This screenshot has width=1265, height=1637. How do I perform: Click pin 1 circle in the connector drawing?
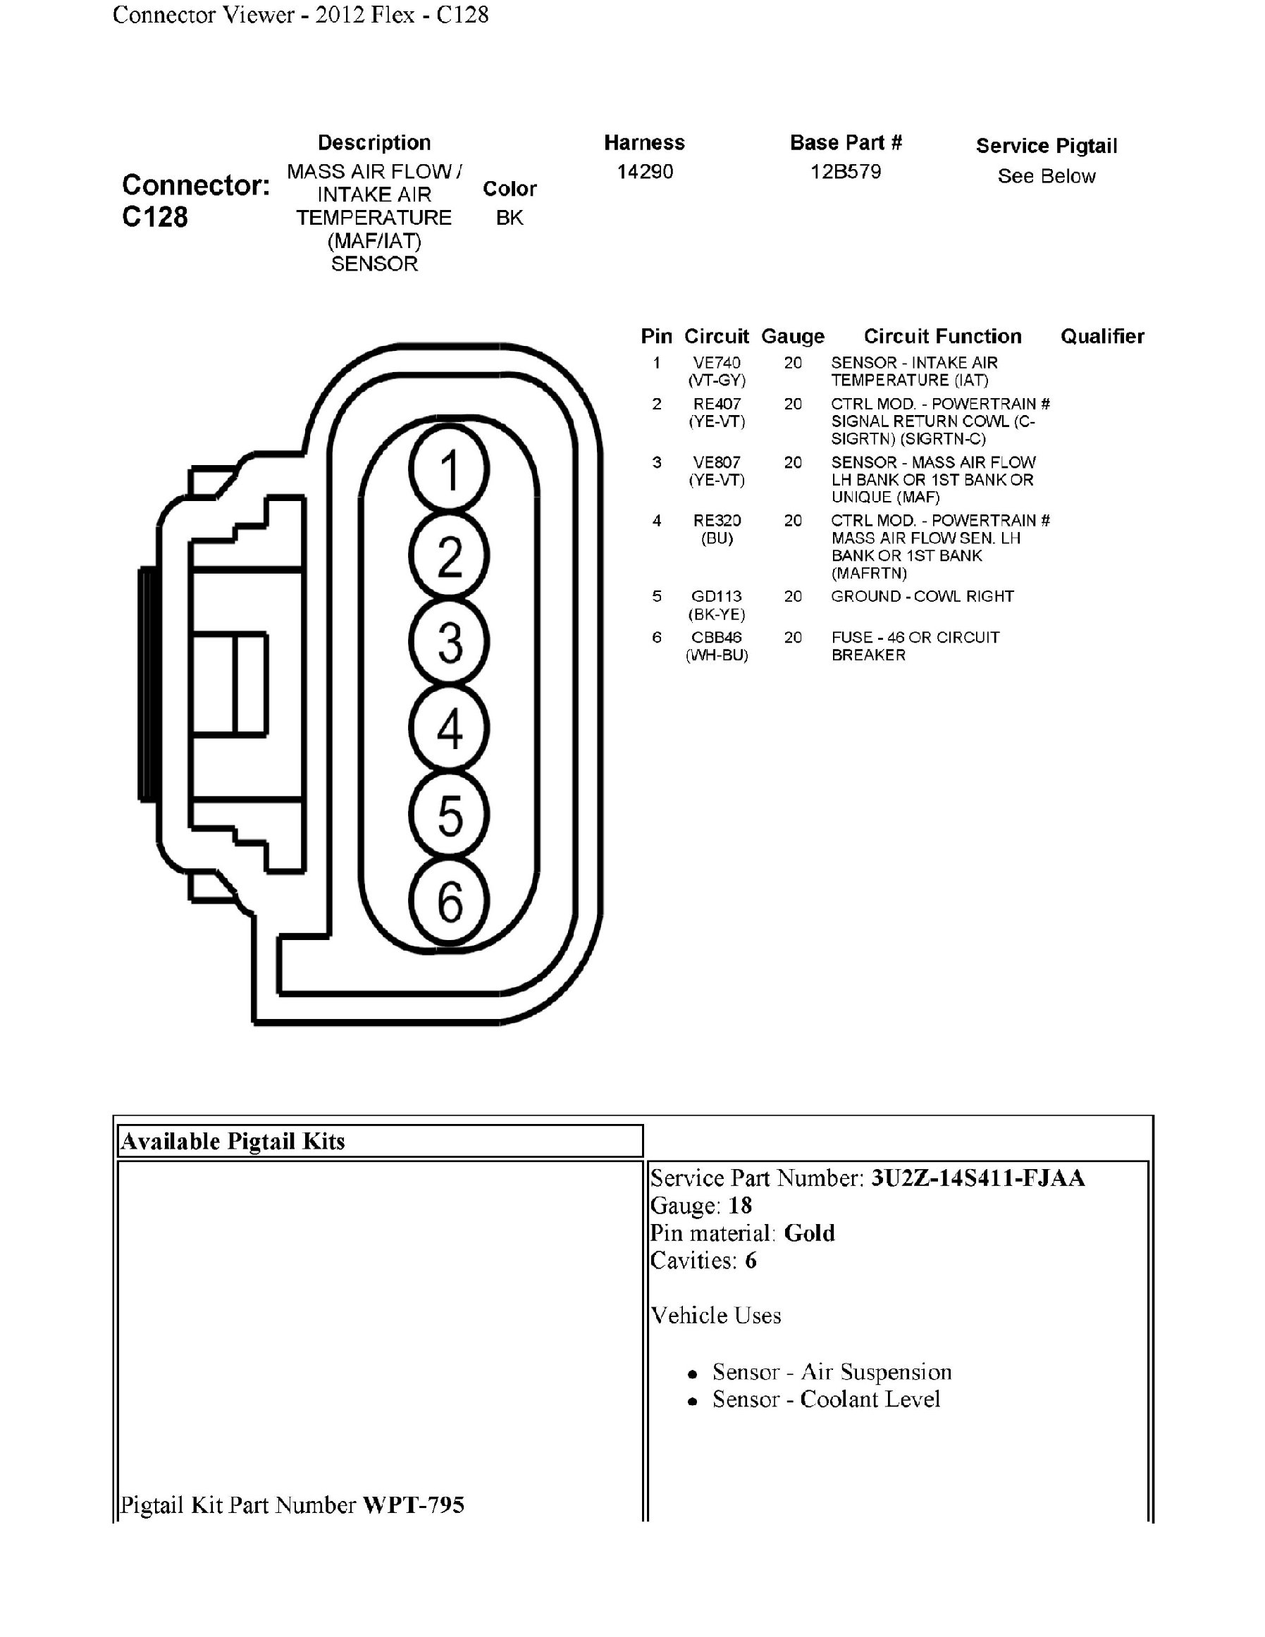coord(449,470)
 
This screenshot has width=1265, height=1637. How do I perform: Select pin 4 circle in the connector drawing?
coord(449,728)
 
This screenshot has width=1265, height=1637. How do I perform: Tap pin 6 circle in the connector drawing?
coord(449,901)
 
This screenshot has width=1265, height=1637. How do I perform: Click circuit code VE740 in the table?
coord(717,363)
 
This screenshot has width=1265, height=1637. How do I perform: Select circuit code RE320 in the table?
coord(717,520)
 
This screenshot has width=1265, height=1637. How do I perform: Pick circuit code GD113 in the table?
coord(717,597)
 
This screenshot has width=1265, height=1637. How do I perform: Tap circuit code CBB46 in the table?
coord(717,637)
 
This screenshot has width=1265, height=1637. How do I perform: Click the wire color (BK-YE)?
coord(717,614)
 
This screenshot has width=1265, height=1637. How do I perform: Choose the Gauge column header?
coord(792,337)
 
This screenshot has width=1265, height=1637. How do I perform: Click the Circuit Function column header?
coord(942,337)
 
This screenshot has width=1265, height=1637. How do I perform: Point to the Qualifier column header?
coord(1102,337)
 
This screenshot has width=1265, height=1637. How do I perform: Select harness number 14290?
coord(645,172)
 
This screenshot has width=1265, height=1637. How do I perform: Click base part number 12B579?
coord(846,172)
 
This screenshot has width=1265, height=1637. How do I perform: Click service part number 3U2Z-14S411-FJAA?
coord(977,1178)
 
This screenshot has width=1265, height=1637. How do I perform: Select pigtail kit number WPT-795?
coord(413,1505)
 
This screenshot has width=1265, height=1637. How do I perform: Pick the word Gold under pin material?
coord(808,1233)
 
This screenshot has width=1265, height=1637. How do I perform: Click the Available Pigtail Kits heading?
coord(233,1142)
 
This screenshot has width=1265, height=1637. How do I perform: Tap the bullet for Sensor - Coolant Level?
coord(693,1401)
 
